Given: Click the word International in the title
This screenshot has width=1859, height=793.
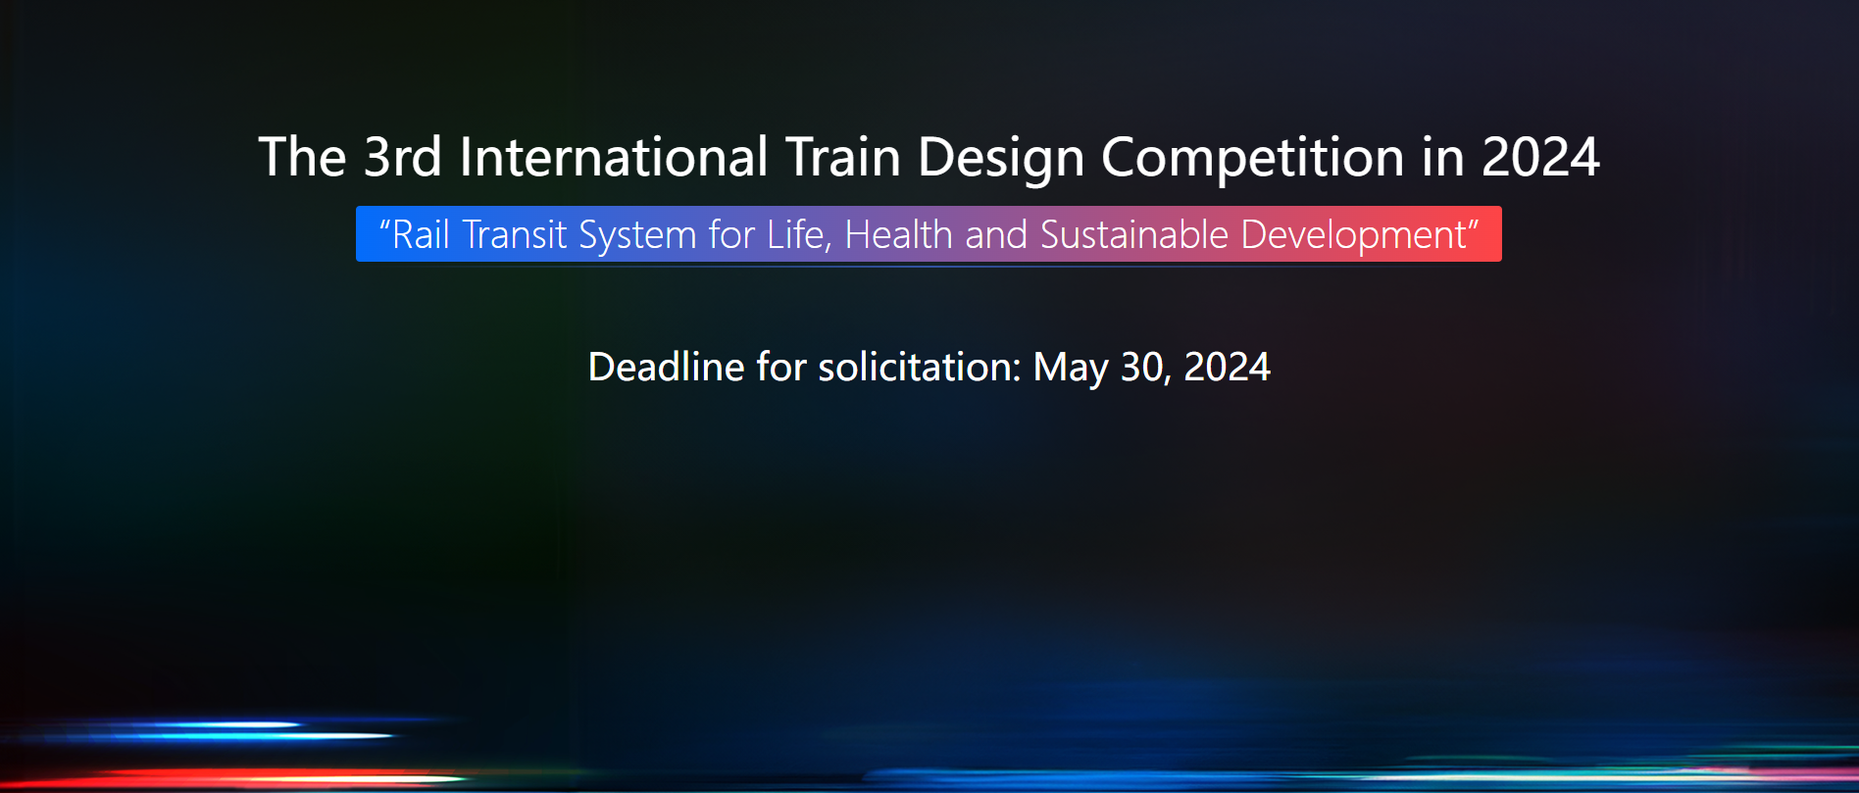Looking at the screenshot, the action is point(614,157).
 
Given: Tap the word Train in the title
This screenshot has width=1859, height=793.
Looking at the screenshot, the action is point(843,157).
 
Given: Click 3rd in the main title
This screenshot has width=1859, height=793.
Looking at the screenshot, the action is point(402,157).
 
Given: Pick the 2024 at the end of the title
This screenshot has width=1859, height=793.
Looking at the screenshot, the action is point(1540,157).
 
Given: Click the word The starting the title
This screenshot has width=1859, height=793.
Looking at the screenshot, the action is point(302,157).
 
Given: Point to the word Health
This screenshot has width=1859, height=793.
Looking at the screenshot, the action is point(898,235).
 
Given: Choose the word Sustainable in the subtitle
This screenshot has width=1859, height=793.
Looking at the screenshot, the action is point(1134,235).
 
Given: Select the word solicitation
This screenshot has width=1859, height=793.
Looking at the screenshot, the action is point(920,367).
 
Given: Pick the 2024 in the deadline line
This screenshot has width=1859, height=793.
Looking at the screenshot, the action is point(1227,367).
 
